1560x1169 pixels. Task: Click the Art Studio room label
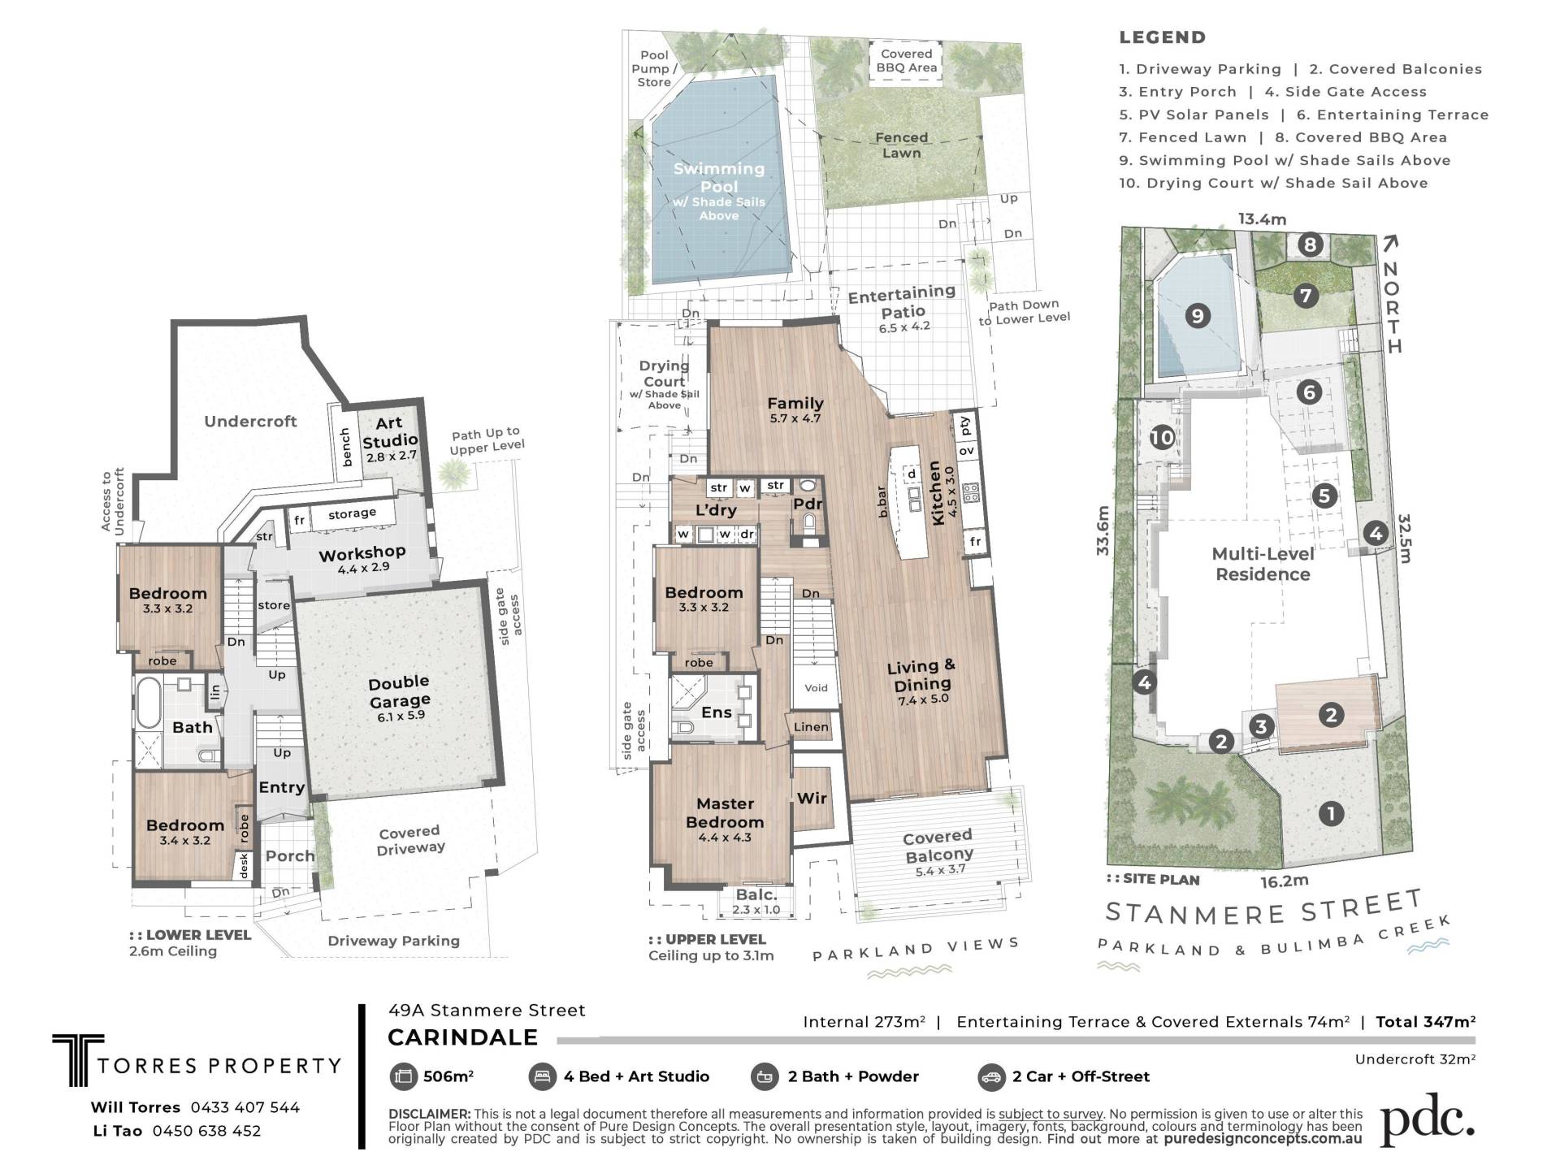click(x=389, y=431)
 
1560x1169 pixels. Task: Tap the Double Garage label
click(x=399, y=691)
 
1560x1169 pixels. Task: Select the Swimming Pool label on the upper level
click(x=719, y=177)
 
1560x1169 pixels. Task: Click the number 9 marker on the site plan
click(x=1197, y=315)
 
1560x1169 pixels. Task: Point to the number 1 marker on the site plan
click(x=1331, y=813)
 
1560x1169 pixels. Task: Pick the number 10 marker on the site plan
click(x=1162, y=438)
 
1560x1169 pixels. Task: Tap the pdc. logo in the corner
click(x=1428, y=1121)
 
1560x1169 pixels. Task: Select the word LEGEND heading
click(x=1163, y=37)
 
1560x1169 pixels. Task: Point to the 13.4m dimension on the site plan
click(x=1262, y=219)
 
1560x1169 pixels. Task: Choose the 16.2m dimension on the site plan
click(x=1285, y=881)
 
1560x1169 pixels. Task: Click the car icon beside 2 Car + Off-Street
click(x=992, y=1077)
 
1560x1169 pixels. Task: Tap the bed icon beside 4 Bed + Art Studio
click(x=542, y=1077)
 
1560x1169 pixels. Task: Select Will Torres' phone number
click(x=245, y=1107)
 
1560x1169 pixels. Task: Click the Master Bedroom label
click(x=725, y=812)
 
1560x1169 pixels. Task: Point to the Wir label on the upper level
click(x=812, y=798)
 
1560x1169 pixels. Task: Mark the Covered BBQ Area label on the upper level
click(x=907, y=61)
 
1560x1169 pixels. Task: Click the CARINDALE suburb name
click(x=462, y=1037)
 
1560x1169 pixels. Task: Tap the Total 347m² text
click(x=1425, y=1022)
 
